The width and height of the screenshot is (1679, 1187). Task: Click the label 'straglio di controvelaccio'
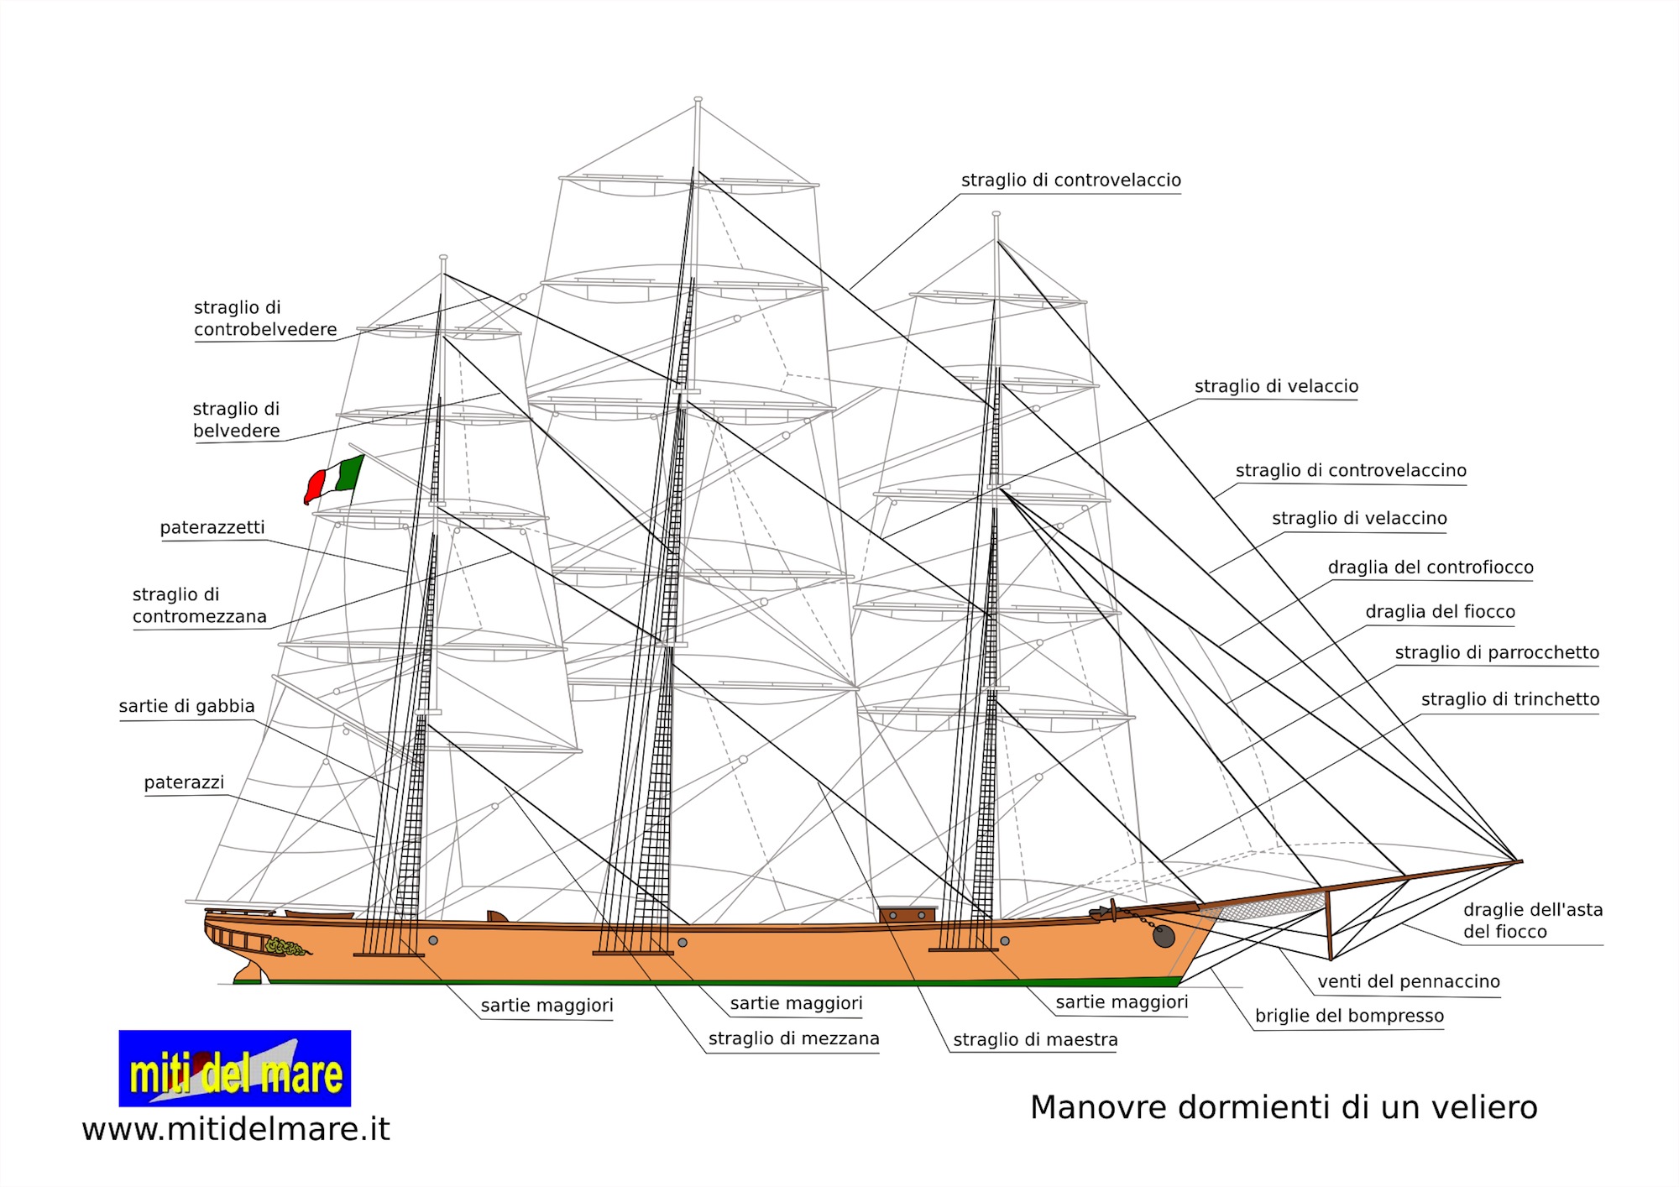[x=1070, y=180]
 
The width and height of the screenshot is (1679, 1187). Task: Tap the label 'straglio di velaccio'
[x=1276, y=386]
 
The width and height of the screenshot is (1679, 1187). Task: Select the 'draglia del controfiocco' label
[x=1431, y=567]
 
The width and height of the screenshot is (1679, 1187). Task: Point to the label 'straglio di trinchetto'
[x=1509, y=699]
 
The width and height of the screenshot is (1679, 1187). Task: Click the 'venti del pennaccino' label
[x=1408, y=981]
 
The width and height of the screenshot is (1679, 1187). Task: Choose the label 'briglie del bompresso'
[x=1349, y=1016]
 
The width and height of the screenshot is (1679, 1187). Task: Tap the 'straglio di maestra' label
[x=1035, y=1040]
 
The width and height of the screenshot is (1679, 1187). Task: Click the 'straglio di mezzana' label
[x=793, y=1038]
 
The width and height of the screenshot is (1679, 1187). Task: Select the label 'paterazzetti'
[x=212, y=527]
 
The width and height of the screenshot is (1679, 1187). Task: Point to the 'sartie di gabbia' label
[x=186, y=706]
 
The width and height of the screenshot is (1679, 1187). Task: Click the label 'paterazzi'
[x=184, y=782]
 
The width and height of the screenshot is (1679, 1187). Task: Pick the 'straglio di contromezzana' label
[x=200, y=605]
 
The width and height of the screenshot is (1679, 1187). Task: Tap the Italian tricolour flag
[x=334, y=479]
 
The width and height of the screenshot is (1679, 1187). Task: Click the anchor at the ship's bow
[x=1163, y=935]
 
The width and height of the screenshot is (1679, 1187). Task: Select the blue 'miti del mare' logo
[x=235, y=1068]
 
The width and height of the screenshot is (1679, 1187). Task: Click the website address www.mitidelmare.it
[x=236, y=1129]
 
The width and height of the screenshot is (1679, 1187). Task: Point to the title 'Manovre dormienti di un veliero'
[x=1284, y=1107]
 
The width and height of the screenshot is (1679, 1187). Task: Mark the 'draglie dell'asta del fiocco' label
[x=1532, y=920]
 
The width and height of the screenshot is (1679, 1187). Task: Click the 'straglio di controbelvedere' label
[x=265, y=318]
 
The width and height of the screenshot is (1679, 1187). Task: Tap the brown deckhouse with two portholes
[x=907, y=914]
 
